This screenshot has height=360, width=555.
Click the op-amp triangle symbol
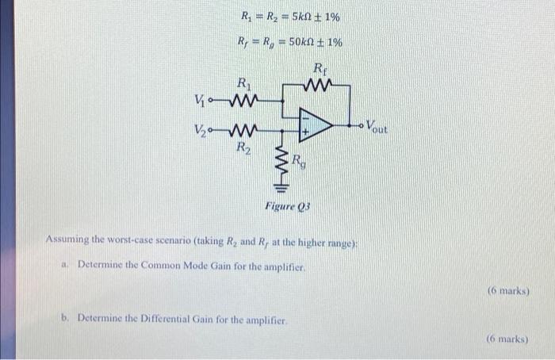[314, 124]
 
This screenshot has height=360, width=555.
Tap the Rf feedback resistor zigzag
[319, 83]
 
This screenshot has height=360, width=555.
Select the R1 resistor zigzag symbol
[243, 101]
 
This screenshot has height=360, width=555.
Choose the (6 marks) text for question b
[507, 339]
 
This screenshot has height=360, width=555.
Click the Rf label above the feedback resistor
[320, 67]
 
